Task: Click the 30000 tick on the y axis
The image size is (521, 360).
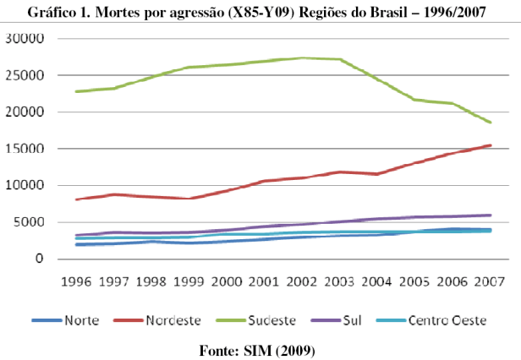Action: [x=28, y=39]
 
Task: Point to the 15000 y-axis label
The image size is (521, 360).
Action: [x=28, y=149]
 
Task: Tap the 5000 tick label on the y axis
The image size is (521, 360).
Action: [x=31, y=222]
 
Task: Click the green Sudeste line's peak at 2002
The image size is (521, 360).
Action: [x=302, y=58]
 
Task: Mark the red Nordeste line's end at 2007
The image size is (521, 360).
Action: [x=490, y=145]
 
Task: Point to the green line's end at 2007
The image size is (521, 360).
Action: [x=490, y=123]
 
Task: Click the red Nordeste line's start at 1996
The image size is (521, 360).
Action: [x=76, y=199]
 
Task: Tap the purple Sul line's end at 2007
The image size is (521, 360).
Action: [x=490, y=215]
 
